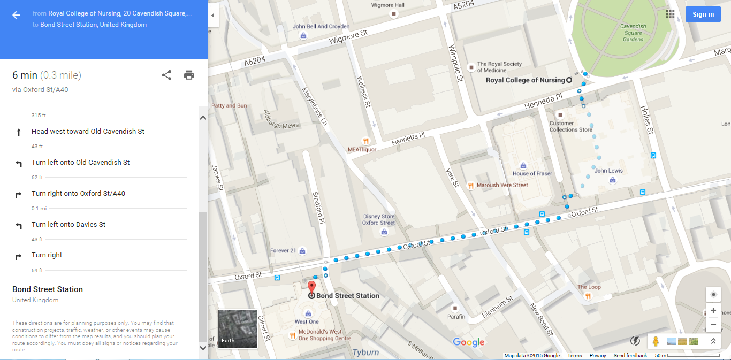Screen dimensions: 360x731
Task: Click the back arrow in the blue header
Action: click(x=17, y=15)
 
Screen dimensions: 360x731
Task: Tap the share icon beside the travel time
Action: click(x=166, y=75)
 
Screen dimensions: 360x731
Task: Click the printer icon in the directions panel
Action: click(x=189, y=75)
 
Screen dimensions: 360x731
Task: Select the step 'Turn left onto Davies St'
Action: click(x=68, y=225)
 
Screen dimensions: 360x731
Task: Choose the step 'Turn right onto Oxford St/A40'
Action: click(x=78, y=194)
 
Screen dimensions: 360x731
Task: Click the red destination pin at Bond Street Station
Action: click(x=311, y=287)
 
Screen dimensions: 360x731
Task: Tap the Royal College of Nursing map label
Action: click(x=525, y=80)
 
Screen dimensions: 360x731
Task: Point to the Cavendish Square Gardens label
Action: click(x=633, y=33)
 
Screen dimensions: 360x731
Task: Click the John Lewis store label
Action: click(x=608, y=171)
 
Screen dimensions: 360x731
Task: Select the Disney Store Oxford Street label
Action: click(x=378, y=220)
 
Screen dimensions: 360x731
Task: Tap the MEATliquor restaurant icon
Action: click(x=366, y=142)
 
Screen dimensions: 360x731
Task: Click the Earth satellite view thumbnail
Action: click(x=238, y=328)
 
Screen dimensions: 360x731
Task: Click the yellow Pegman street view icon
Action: click(x=655, y=341)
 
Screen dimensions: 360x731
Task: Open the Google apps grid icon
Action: click(x=670, y=14)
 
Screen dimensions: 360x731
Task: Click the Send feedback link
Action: click(x=630, y=356)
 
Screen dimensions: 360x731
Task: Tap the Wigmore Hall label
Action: click(x=388, y=5)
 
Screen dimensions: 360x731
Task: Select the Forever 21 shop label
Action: click(x=283, y=250)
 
